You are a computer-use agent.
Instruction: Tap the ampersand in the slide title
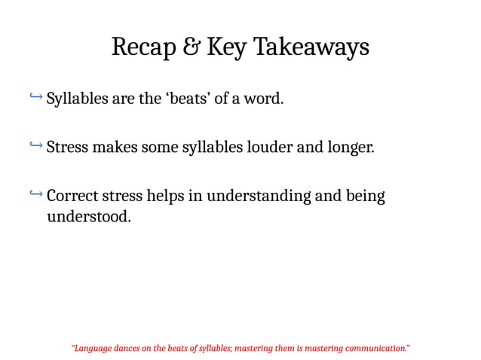tap(191, 47)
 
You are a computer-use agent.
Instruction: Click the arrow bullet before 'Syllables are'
tap(35, 97)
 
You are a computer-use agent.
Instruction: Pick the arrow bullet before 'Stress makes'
tap(35, 145)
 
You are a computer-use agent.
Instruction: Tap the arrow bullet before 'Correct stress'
tap(35, 195)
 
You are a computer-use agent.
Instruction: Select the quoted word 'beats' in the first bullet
tap(186, 99)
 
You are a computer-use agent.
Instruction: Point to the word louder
tap(272, 147)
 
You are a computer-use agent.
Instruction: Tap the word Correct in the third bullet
tap(73, 197)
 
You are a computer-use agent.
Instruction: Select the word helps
tap(164, 197)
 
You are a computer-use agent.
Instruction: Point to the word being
tap(365, 197)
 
